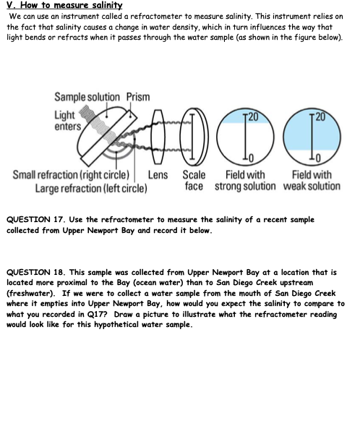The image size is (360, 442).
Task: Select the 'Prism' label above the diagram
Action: click(x=138, y=97)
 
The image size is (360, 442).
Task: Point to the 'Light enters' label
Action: click(x=68, y=121)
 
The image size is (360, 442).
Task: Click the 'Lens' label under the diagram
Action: click(x=158, y=175)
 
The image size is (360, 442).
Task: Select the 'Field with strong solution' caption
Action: click(x=245, y=180)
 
